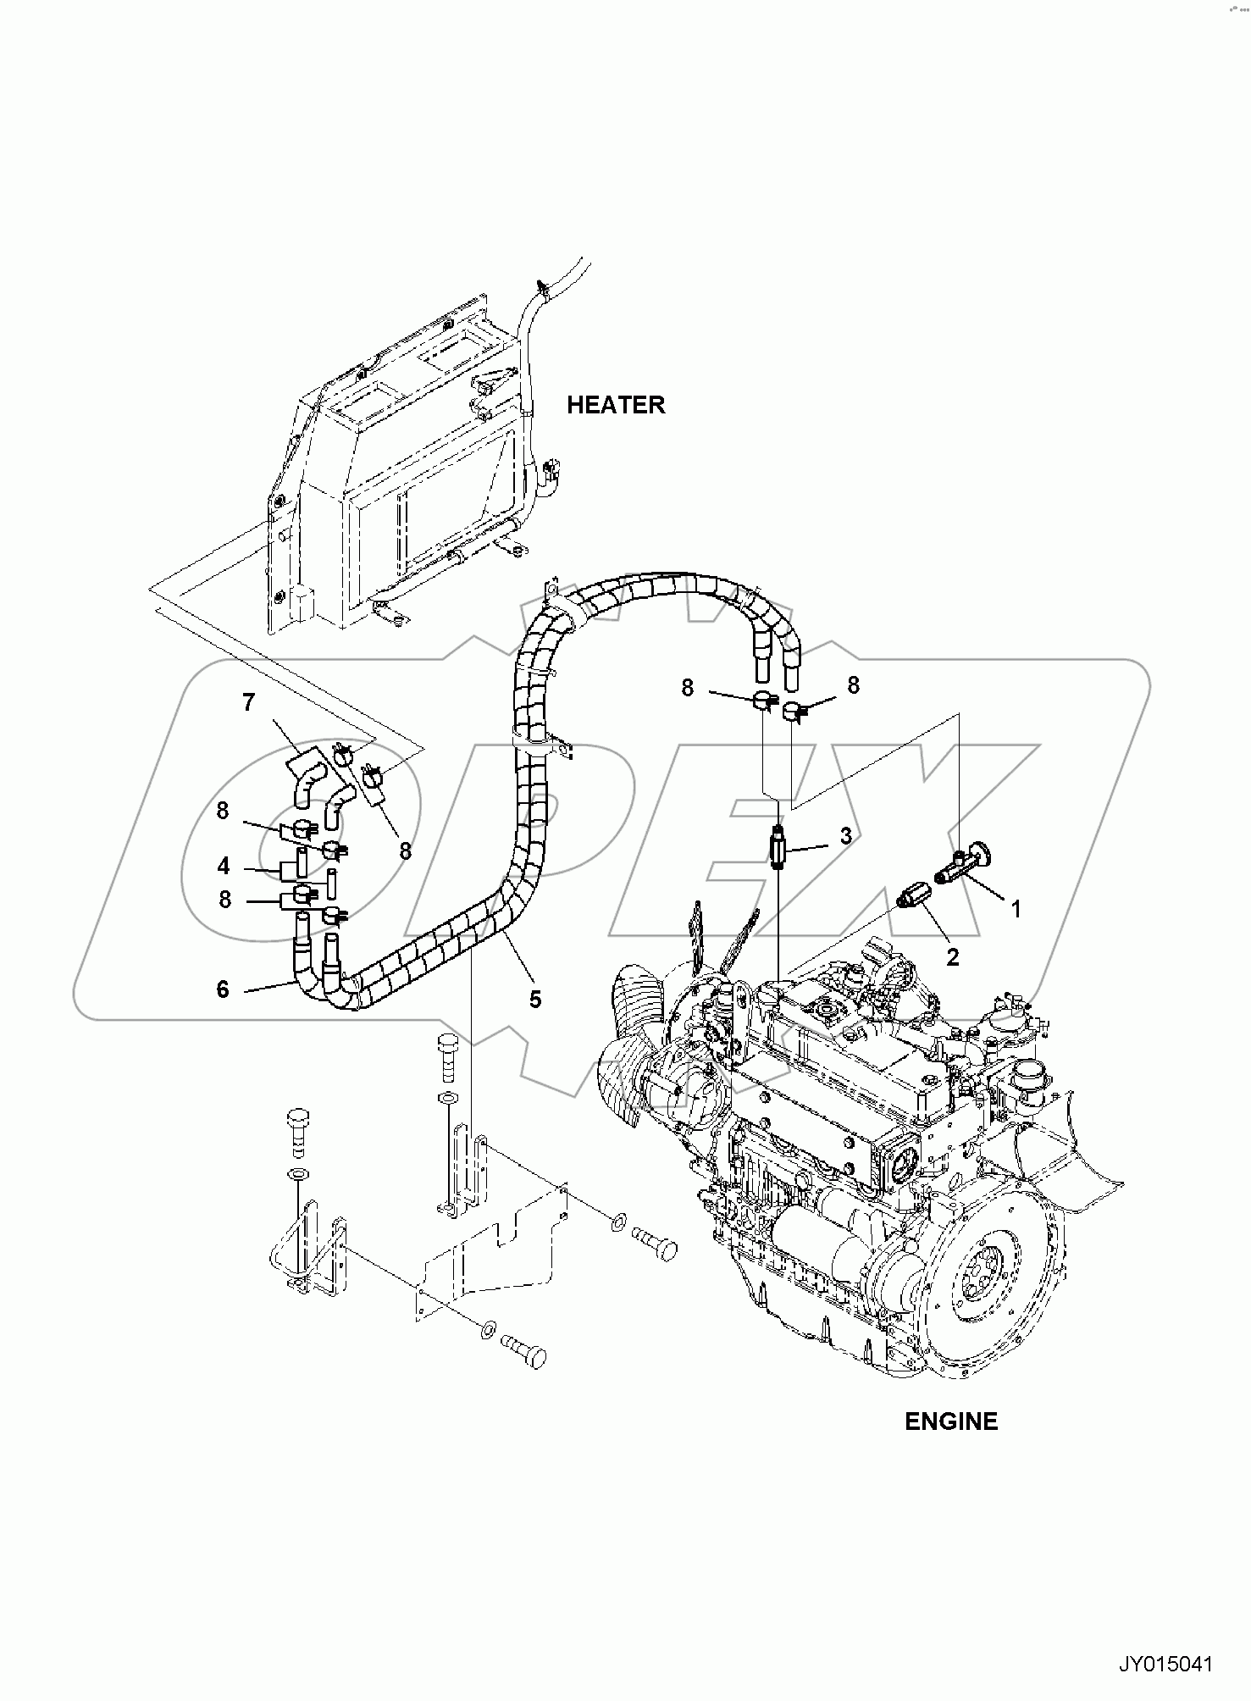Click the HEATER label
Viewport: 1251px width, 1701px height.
(616, 405)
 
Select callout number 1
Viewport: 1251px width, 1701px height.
(1016, 910)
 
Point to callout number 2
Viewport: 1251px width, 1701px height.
(952, 957)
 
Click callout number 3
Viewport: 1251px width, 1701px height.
(845, 836)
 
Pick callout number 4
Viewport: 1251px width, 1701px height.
(224, 867)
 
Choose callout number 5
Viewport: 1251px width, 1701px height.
(534, 1000)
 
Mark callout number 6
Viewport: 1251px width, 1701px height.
(223, 989)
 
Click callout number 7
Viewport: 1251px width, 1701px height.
(248, 702)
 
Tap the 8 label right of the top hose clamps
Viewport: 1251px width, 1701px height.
(853, 685)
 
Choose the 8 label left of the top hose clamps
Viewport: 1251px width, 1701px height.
(687, 688)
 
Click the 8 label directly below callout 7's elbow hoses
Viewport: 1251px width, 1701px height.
(405, 850)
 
